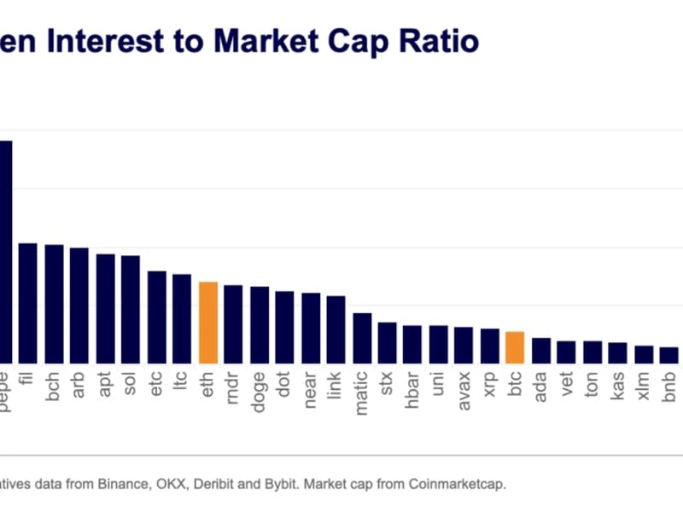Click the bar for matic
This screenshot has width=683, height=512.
click(362, 338)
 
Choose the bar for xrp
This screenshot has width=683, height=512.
click(489, 346)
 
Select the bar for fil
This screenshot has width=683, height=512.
click(28, 303)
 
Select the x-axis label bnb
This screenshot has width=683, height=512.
click(669, 381)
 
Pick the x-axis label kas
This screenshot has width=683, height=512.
click(618, 381)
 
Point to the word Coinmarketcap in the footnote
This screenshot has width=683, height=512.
click(456, 484)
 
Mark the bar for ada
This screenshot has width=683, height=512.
click(540, 350)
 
